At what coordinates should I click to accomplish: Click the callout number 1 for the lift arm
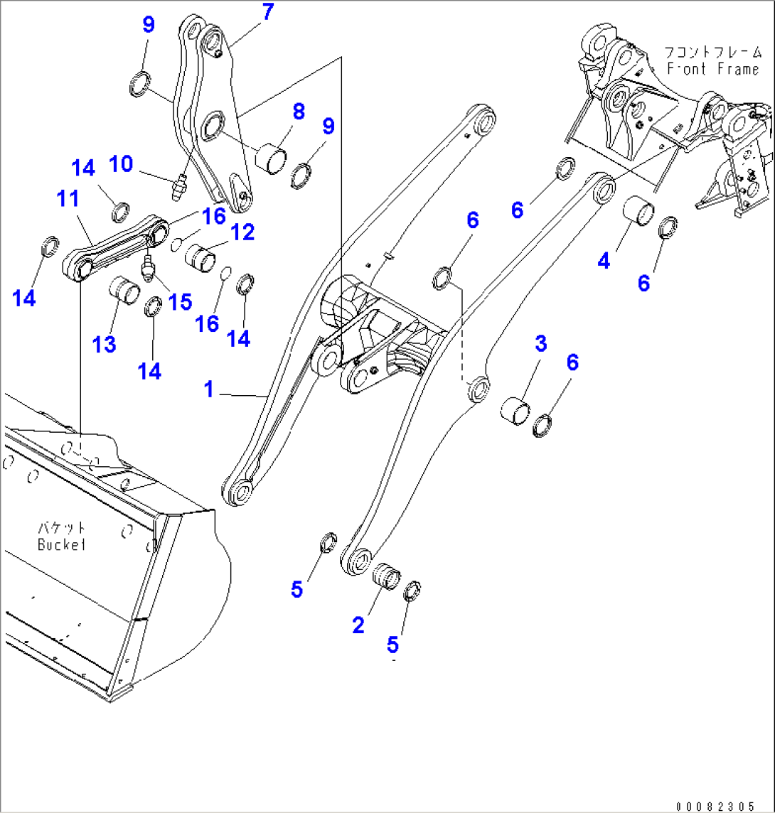[209, 389]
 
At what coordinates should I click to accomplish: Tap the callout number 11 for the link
[68, 200]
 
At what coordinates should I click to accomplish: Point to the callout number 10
[121, 164]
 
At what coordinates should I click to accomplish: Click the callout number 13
[104, 345]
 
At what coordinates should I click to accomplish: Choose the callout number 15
[181, 301]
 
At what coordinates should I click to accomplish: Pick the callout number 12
[242, 232]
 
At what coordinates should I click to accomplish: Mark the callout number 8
[298, 112]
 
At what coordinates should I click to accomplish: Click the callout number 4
[604, 261]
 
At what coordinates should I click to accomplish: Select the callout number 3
[540, 344]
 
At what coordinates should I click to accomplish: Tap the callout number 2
[358, 625]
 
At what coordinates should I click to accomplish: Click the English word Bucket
[62, 545]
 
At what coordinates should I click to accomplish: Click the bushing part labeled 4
[638, 212]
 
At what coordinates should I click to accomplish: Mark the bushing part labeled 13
[122, 292]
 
